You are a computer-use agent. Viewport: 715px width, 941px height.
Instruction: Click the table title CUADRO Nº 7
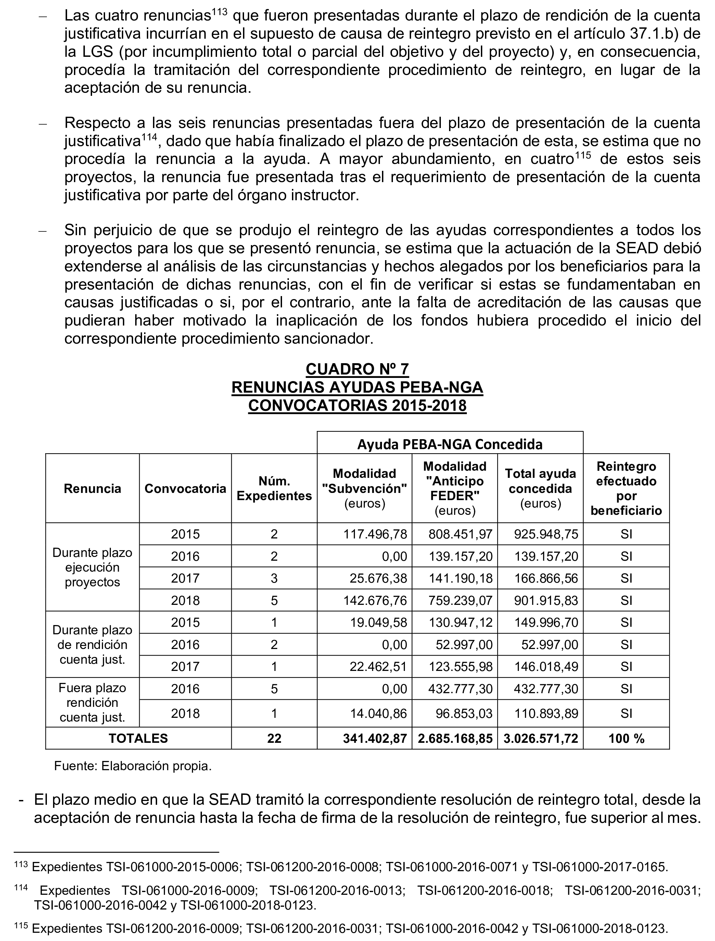pos(357,369)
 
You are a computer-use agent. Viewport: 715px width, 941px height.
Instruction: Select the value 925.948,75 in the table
pos(546,534)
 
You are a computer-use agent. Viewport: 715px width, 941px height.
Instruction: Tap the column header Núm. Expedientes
pos(274,488)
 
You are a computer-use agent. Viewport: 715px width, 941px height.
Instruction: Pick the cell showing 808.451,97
pos(460,534)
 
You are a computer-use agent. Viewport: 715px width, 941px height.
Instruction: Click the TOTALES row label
pos(138,738)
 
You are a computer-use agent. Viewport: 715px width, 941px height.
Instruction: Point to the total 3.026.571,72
pos(540,738)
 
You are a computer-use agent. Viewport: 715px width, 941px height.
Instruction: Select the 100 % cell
pos(626,738)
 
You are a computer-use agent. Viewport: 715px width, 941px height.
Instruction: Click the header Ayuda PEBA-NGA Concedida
pos(449,444)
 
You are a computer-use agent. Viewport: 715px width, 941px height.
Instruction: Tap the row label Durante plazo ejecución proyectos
pos(92,567)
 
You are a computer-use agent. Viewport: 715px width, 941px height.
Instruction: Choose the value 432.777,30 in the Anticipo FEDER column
pos(460,689)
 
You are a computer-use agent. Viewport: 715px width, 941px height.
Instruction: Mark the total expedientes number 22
pos(274,738)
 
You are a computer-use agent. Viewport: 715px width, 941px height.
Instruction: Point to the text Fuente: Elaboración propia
pos(133,766)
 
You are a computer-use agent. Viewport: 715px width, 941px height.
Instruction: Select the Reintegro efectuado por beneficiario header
pos(626,488)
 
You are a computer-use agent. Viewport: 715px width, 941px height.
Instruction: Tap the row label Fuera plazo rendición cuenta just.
pos(92,703)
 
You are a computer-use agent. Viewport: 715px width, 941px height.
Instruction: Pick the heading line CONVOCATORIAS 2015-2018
pos(357,406)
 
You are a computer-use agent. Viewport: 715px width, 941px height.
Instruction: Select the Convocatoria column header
pos(185,488)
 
